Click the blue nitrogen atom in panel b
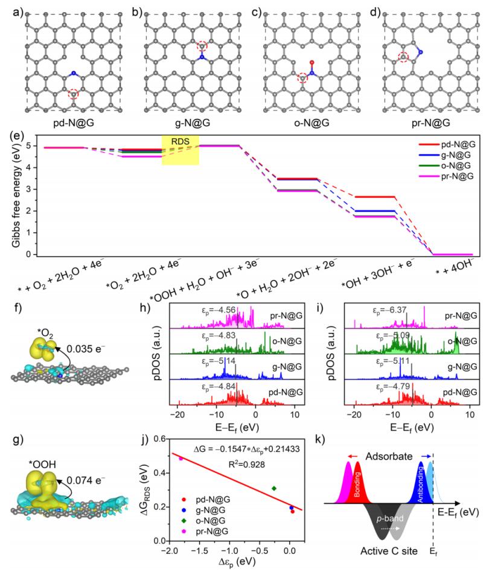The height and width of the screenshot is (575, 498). coord(202,59)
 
